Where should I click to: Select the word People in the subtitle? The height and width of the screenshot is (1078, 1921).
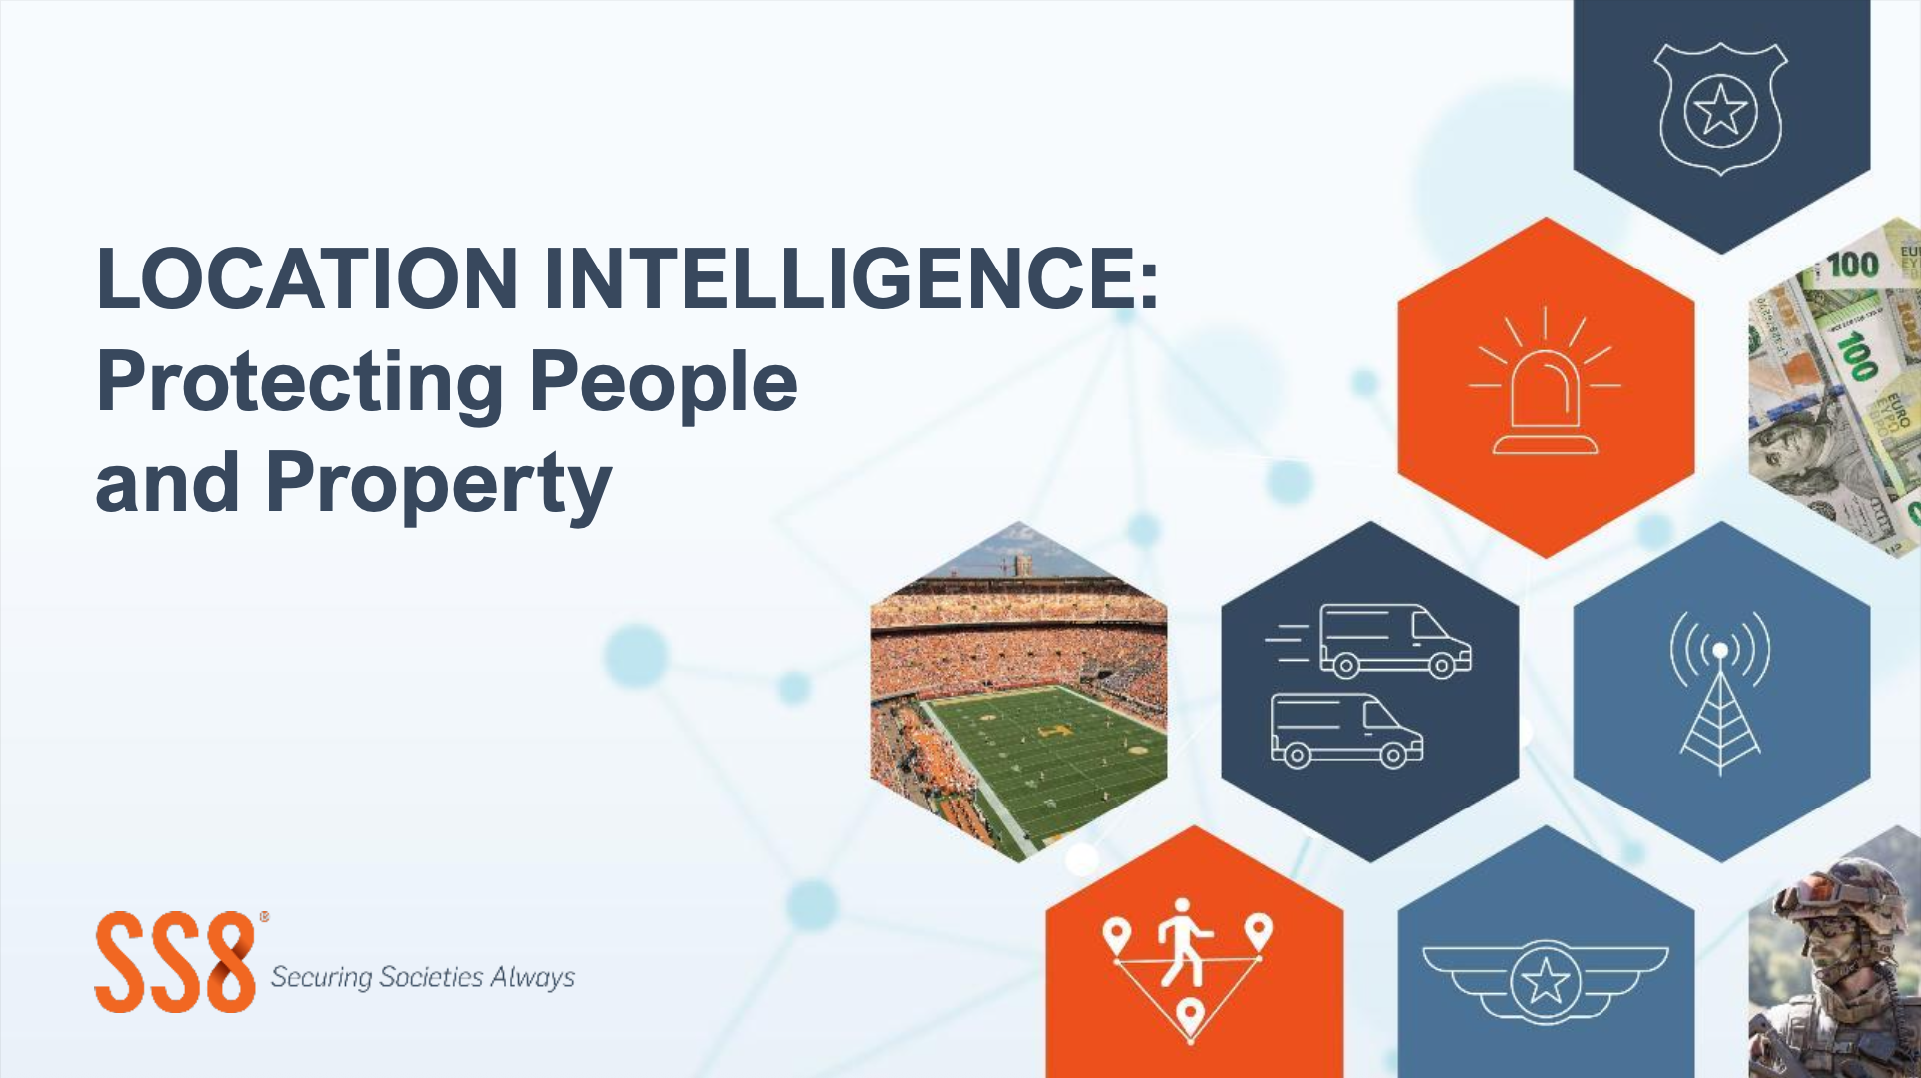(663, 384)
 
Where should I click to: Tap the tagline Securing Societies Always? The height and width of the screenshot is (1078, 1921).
(422, 977)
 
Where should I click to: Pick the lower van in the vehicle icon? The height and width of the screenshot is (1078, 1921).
(1346, 730)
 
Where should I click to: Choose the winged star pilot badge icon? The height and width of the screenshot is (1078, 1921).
(1545, 982)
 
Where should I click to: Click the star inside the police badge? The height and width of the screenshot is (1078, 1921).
(1720, 110)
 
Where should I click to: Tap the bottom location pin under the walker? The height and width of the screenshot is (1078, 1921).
(1189, 1017)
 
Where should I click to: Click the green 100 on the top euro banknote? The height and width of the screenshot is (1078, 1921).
(1852, 265)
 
